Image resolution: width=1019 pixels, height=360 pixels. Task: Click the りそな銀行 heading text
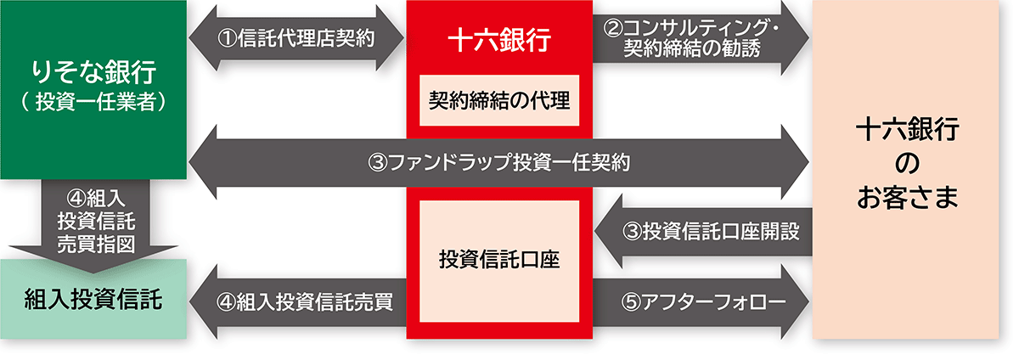pyautogui.click(x=93, y=71)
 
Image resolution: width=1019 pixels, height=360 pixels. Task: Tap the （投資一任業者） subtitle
pyautogui.click(x=93, y=100)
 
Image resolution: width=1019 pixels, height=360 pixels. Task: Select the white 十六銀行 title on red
pyautogui.click(x=499, y=38)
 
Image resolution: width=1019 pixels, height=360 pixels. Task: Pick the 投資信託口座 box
pyautogui.click(x=499, y=258)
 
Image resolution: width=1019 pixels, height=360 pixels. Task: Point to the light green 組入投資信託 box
pyautogui.click(x=93, y=299)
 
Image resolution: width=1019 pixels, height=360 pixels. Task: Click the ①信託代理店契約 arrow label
pyautogui.click(x=297, y=38)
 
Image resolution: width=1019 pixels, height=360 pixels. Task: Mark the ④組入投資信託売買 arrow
pyautogui.click(x=297, y=301)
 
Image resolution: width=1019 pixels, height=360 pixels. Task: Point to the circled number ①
pyautogui.click(x=227, y=38)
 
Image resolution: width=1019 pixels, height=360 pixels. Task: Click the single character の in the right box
pyautogui.click(x=908, y=164)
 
